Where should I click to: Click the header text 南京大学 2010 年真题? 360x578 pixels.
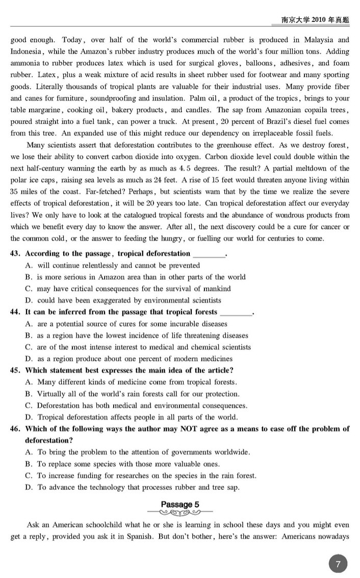pyautogui.click(x=315, y=19)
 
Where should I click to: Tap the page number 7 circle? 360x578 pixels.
pyautogui.click(x=338, y=564)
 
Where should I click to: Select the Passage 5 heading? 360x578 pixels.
pyautogui.click(x=180, y=505)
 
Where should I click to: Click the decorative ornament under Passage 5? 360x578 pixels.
pyautogui.click(x=180, y=512)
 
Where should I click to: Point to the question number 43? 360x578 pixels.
pyautogui.click(x=15, y=254)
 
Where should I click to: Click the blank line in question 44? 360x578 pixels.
pyautogui.click(x=236, y=312)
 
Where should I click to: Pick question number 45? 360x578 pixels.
pyautogui.click(x=15, y=371)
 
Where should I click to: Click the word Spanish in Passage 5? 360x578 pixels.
pyautogui.click(x=180, y=537)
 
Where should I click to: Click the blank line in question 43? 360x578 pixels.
pyautogui.click(x=209, y=254)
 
